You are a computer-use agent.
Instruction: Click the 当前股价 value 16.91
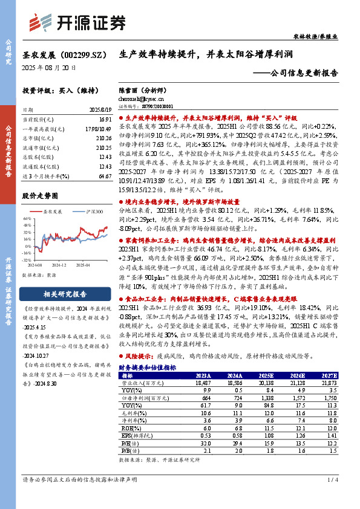(104, 120)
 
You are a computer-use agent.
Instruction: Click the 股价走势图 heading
(40, 196)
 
